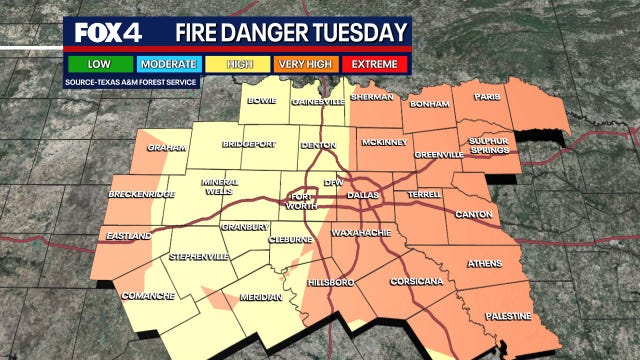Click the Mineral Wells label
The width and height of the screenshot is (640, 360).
tap(220, 188)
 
